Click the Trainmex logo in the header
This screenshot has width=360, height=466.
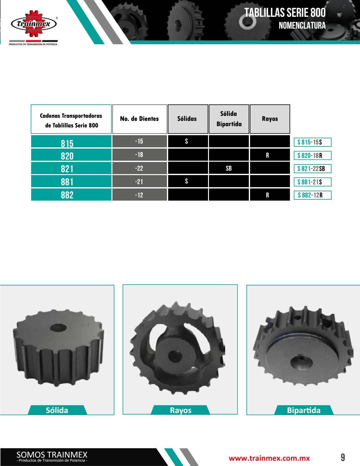click(x=34, y=24)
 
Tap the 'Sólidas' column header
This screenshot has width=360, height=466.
click(x=187, y=119)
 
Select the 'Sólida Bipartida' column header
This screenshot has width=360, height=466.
click(x=229, y=119)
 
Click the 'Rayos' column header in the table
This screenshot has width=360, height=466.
click(x=270, y=119)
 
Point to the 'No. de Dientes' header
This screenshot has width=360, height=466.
click(x=139, y=119)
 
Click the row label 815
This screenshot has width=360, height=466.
click(x=67, y=143)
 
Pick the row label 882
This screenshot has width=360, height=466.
click(x=67, y=195)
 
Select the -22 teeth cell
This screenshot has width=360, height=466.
click(x=139, y=168)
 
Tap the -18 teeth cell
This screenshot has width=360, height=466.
click(x=139, y=155)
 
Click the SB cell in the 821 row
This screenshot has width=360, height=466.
click(x=229, y=168)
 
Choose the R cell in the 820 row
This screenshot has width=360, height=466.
click(x=267, y=155)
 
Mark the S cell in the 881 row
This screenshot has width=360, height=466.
click(x=187, y=181)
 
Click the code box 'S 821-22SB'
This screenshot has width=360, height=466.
click(x=312, y=169)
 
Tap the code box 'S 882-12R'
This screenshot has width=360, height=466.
click(x=312, y=195)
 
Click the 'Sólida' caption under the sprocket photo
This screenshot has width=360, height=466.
click(x=57, y=410)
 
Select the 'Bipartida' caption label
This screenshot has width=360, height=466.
click(x=304, y=410)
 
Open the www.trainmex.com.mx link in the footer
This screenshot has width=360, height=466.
click(x=269, y=458)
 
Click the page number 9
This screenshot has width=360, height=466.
click(x=343, y=458)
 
